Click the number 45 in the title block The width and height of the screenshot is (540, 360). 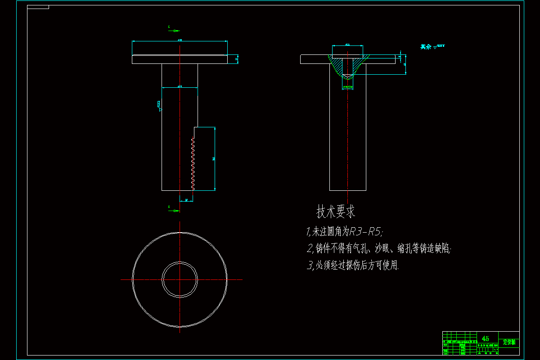tap(485, 338)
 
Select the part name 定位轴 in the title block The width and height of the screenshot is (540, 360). tap(509, 342)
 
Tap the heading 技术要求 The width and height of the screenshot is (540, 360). tap(336, 211)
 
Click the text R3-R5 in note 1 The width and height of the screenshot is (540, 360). tap(366, 232)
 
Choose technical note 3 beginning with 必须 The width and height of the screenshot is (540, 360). tap(353, 265)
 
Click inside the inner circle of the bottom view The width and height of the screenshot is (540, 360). tap(180, 279)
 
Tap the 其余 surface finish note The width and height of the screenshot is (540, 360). tap(425, 46)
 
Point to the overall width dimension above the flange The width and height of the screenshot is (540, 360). tap(180, 41)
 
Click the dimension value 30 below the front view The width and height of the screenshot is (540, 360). tap(186, 199)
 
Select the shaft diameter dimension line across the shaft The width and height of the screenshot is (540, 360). tap(180, 87)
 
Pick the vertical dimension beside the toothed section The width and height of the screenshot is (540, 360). tap(215, 158)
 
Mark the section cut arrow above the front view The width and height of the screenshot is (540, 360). tap(174, 31)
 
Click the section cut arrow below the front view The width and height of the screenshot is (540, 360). tap(174, 210)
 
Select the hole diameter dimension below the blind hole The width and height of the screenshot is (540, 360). tap(347, 87)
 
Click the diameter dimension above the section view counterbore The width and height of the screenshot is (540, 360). tap(347, 45)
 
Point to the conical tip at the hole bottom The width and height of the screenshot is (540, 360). tap(347, 76)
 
